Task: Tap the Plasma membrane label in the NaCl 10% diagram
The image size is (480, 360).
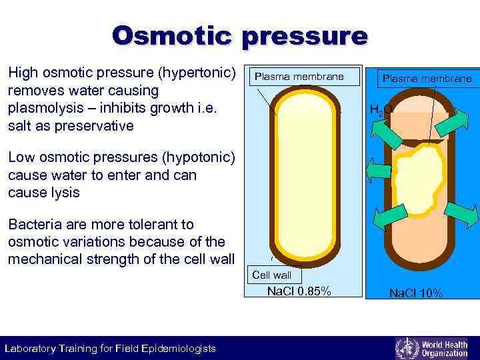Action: click(x=427, y=79)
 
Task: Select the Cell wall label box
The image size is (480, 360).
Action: click(x=272, y=275)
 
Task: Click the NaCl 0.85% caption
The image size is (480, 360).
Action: click(x=299, y=291)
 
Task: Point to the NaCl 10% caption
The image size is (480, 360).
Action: click(x=415, y=293)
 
